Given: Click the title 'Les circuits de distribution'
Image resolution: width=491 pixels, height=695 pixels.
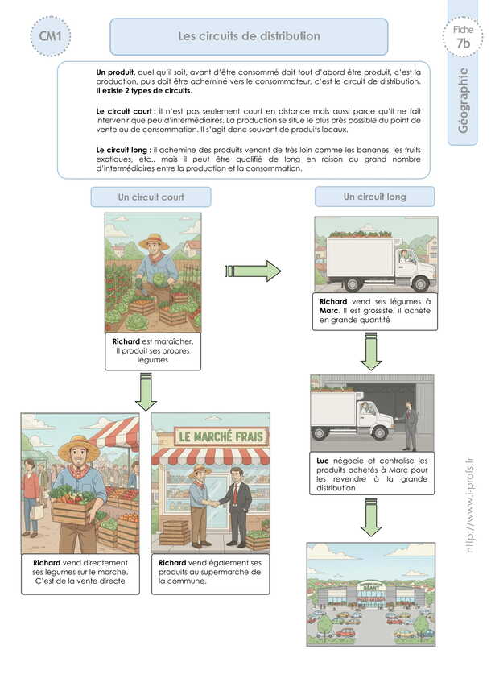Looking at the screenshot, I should point(249,36).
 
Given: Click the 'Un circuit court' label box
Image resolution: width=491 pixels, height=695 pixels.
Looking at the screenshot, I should point(151,197).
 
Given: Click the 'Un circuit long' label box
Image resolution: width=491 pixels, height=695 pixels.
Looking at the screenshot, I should point(374,197).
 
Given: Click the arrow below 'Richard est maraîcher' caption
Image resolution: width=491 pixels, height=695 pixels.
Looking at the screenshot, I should point(146,392).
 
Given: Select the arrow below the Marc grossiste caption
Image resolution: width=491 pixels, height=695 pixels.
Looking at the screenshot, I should point(371,352).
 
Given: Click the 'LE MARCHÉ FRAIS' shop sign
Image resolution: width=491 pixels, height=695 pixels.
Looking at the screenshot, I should point(210,437).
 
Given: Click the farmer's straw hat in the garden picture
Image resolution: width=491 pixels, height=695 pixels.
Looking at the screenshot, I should point(153,240).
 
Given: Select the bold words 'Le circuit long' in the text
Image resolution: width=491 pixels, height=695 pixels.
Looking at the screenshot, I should point(122,150).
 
